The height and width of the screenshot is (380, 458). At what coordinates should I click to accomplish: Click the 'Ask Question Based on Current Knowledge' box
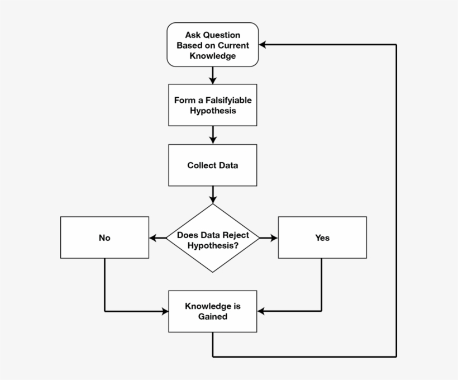(x=212, y=45)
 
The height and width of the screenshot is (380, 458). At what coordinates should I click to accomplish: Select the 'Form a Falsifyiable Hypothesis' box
(x=212, y=105)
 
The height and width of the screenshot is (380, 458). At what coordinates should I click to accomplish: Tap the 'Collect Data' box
(x=212, y=165)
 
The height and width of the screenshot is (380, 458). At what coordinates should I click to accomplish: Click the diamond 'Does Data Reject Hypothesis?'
(x=213, y=238)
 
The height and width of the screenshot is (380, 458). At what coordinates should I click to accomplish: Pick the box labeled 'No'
(x=104, y=237)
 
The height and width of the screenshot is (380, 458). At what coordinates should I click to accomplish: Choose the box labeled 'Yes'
(x=322, y=237)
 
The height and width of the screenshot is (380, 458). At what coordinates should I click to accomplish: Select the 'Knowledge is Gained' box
(x=212, y=311)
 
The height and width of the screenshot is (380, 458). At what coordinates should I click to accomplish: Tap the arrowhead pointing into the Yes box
(x=274, y=238)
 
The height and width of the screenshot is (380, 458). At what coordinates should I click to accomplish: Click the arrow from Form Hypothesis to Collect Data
(x=213, y=135)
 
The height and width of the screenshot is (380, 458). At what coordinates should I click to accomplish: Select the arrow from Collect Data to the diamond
(x=213, y=194)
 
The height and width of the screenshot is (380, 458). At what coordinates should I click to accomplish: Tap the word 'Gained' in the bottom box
(x=212, y=316)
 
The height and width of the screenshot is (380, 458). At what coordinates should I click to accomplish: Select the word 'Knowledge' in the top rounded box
(x=212, y=55)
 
